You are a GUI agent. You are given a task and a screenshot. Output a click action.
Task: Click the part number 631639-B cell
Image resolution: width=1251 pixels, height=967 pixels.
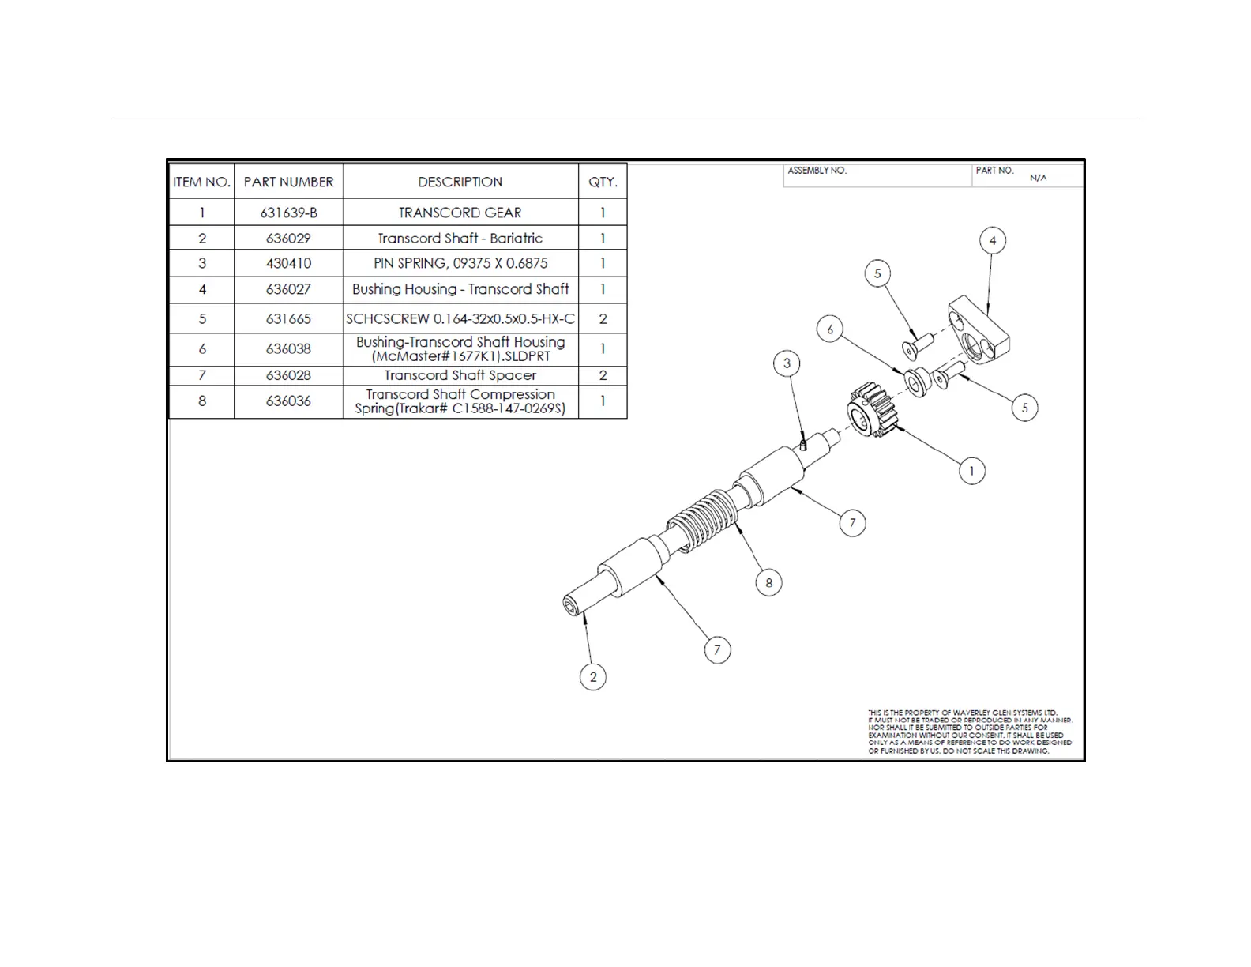click(288, 213)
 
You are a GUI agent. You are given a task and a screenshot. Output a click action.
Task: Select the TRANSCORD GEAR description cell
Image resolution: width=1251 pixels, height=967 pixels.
click(460, 213)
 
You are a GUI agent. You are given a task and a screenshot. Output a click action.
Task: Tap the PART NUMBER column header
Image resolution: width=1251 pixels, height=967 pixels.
click(288, 182)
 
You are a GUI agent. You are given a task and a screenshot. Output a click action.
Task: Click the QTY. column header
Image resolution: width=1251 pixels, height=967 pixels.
click(603, 182)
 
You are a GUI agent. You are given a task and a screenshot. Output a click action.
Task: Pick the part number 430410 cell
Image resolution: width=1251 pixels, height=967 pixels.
click(288, 263)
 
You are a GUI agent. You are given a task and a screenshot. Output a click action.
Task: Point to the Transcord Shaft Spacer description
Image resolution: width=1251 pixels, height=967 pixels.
click(460, 375)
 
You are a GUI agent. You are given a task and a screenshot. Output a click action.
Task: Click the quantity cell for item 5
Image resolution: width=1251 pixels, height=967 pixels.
click(603, 319)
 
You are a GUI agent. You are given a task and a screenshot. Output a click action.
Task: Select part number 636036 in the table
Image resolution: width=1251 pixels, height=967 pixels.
click(288, 401)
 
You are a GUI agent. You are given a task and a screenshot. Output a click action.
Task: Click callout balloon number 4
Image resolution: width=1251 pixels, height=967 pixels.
click(993, 241)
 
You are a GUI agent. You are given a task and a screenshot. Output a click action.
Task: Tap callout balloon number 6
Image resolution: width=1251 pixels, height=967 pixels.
click(829, 329)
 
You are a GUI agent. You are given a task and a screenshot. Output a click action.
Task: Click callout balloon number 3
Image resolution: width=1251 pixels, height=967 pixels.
click(787, 363)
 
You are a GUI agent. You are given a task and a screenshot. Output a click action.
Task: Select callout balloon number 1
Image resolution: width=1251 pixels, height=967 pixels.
click(971, 472)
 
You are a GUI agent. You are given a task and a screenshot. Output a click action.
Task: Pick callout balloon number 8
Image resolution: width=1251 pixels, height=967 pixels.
click(769, 583)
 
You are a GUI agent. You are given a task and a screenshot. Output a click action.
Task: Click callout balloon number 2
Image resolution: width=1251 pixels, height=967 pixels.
click(593, 677)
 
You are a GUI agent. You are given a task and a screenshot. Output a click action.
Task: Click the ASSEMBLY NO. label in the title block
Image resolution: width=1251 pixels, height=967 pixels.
click(817, 171)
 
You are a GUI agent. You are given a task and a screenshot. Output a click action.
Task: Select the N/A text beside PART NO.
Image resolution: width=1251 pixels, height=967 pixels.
click(1038, 178)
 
